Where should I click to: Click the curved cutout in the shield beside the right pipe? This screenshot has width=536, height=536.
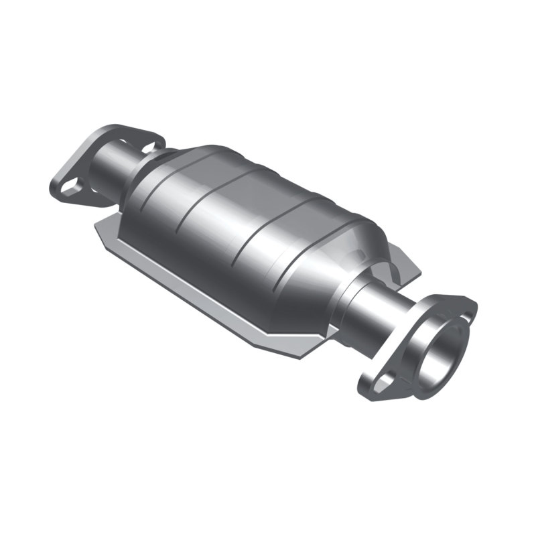click(392, 271)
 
